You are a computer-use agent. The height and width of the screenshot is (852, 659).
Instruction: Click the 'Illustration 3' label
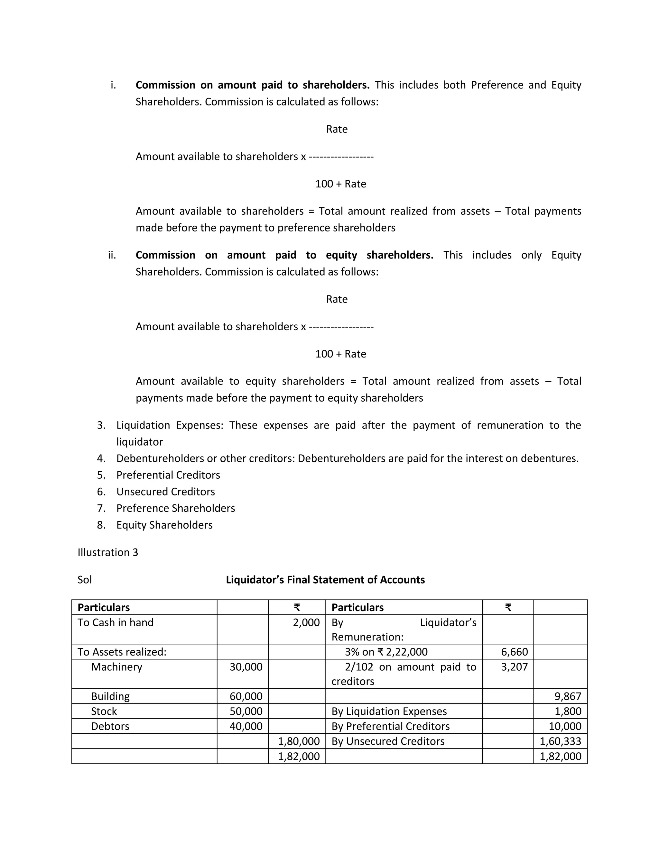(108, 552)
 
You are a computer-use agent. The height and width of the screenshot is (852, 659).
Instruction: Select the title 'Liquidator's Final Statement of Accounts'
(325, 580)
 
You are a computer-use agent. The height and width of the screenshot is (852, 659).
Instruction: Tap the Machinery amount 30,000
(246, 667)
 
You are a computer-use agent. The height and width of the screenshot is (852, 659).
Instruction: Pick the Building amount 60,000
(246, 696)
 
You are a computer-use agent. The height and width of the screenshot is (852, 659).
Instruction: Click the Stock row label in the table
(104, 711)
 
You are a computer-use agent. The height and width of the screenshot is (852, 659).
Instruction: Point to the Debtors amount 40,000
(246, 726)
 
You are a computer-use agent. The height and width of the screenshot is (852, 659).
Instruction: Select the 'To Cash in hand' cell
(116, 623)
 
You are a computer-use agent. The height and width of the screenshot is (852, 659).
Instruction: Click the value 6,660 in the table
(514, 652)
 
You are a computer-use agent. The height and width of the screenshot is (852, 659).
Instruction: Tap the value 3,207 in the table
(514, 667)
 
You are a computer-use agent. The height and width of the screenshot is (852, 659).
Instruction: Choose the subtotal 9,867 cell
(568, 696)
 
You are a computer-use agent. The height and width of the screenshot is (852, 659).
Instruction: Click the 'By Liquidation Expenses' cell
(389, 711)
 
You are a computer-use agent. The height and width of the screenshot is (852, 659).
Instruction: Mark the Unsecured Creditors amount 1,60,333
(560, 741)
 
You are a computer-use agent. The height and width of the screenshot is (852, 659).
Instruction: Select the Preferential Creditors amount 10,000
(565, 726)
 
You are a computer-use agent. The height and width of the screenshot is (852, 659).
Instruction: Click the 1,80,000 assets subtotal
(299, 741)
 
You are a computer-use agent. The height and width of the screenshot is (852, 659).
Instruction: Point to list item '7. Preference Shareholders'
(175, 508)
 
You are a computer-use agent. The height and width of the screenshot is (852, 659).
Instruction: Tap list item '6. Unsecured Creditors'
(165, 492)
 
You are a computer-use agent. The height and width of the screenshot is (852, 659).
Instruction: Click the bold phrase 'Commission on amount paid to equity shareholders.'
(284, 255)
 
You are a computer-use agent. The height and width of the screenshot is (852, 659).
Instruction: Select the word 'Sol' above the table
(85, 580)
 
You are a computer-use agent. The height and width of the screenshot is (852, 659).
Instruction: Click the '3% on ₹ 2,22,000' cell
(386, 652)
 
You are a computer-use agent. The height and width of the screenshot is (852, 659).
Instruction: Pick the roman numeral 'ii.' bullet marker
(112, 255)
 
